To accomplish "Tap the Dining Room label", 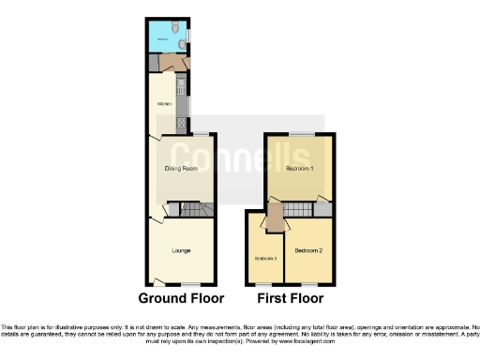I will (181, 169).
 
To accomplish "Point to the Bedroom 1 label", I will (298, 168).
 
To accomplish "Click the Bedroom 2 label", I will (307, 251).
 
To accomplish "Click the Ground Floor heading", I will (181, 299).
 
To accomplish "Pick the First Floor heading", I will (290, 299).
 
